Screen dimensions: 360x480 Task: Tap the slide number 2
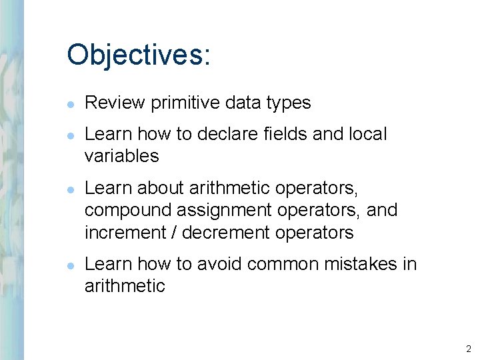(x=469, y=349)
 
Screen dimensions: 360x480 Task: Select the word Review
(x=115, y=103)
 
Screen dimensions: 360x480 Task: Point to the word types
(x=288, y=103)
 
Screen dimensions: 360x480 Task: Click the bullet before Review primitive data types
(x=71, y=104)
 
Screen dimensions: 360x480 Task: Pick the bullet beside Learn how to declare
(x=71, y=135)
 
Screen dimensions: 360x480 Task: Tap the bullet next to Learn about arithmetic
(x=71, y=189)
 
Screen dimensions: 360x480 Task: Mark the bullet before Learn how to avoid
(x=71, y=265)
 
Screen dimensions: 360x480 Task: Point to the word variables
(x=122, y=156)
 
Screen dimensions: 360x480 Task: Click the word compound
(x=128, y=211)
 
